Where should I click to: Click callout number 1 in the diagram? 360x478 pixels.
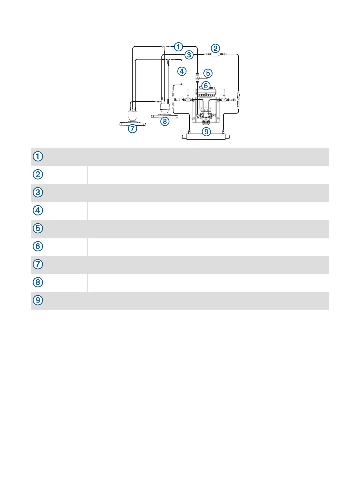pos(179,47)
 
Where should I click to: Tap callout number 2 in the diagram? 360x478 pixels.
pos(215,48)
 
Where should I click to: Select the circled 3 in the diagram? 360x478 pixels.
pos(189,55)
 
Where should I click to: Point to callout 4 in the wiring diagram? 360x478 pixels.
pos(182,71)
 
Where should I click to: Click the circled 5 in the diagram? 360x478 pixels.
pos(208,73)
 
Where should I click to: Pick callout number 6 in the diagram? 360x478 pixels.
pos(206,86)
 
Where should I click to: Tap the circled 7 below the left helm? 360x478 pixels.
pos(132,128)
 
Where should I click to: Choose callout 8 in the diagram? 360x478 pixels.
pos(165,121)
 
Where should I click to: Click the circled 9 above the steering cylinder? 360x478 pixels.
pos(206,131)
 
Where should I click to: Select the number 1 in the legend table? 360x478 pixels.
pos(38,157)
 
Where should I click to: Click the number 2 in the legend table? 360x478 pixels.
pos(38,174)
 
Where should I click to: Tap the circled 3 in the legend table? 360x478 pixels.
pos(38,192)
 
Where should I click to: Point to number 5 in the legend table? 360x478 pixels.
pos(38,228)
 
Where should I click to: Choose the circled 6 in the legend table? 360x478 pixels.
pos(38,246)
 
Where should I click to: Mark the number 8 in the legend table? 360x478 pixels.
pos(38,282)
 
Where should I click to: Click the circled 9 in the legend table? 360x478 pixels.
pos(38,300)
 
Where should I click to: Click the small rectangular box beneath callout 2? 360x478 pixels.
pos(215,54)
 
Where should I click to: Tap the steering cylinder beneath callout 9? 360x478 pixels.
pos(206,137)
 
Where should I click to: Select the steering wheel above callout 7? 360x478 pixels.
pos(132,123)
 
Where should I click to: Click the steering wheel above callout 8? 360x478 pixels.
pos(164,116)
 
